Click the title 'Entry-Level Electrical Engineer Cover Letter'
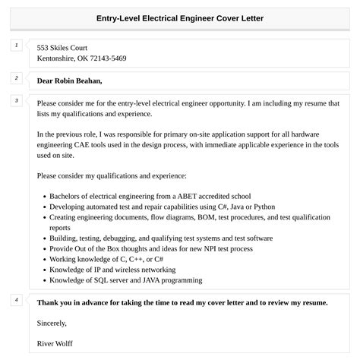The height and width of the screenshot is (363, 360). coord(180,17)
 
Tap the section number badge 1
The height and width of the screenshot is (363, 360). coord(16,46)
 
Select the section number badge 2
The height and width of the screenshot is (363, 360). coord(16,77)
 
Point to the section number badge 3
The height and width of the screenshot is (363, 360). coord(16,100)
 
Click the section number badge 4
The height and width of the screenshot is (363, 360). coord(16,299)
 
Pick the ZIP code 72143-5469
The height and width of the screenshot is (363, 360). coord(105,58)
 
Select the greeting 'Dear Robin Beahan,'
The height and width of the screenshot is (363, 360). coord(69,80)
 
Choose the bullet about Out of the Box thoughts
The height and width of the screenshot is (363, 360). coord(150,248)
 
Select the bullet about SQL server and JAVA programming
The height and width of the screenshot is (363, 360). coord(126,280)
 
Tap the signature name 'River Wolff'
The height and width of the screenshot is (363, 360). coord(55,343)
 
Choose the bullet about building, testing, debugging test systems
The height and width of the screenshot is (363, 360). coord(150,238)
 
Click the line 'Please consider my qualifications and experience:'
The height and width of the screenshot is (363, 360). coord(114,175)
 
